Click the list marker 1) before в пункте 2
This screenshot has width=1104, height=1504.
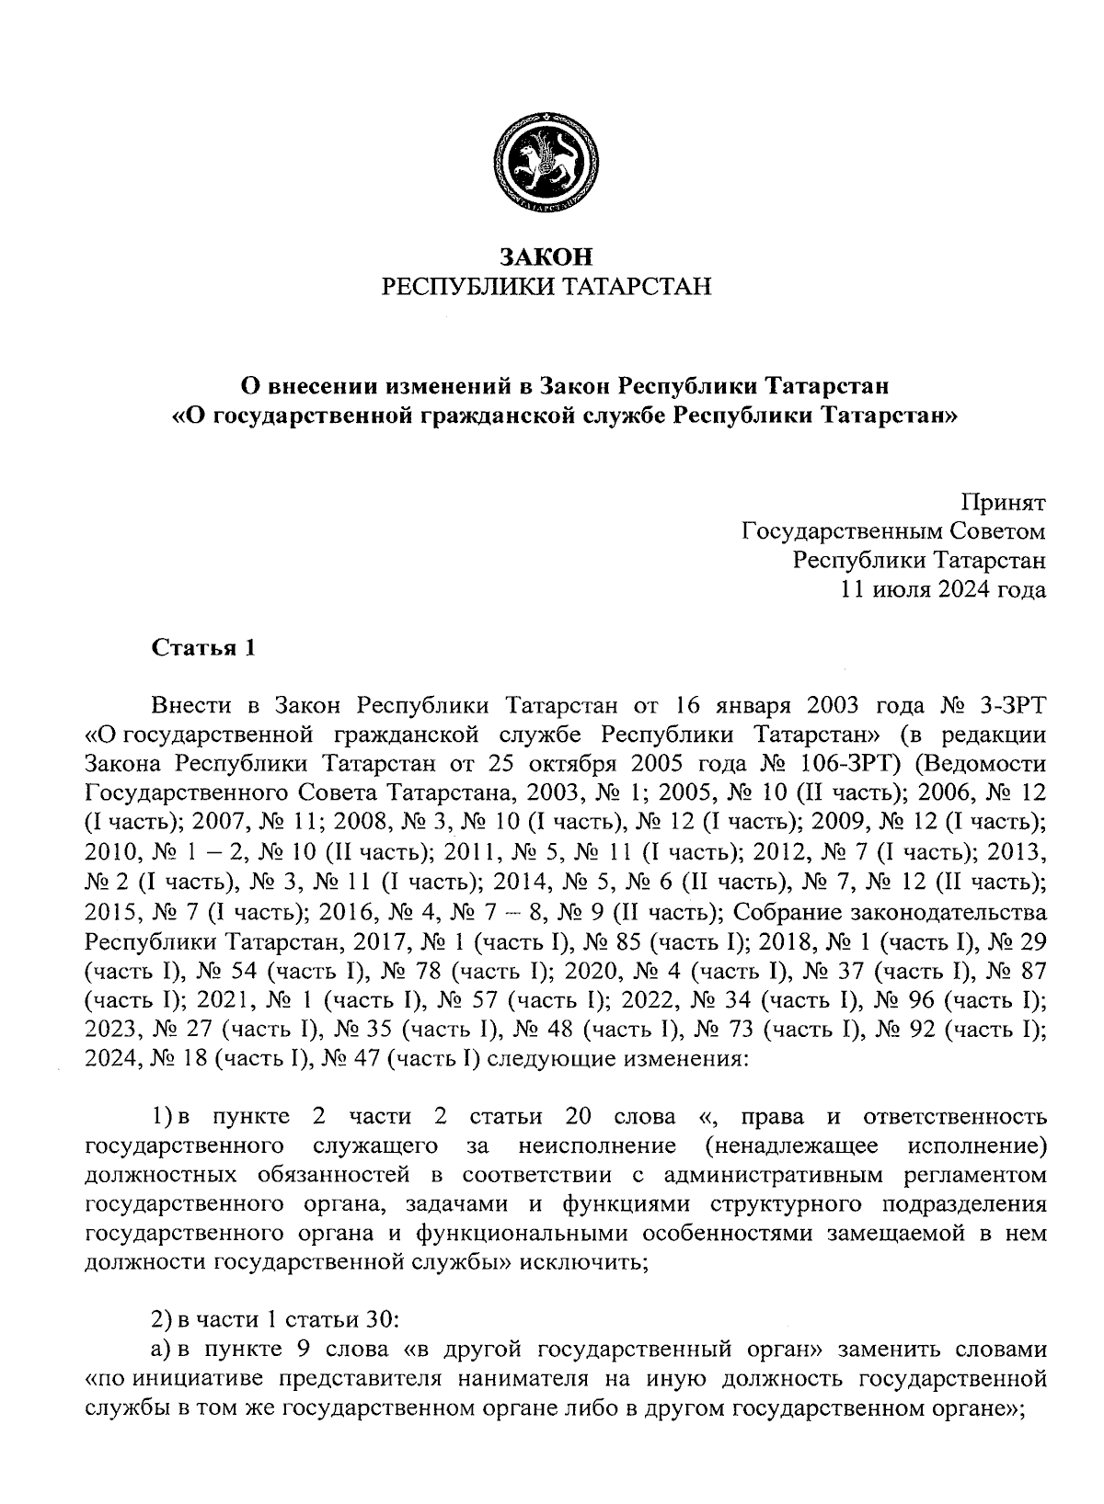coord(163,1117)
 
